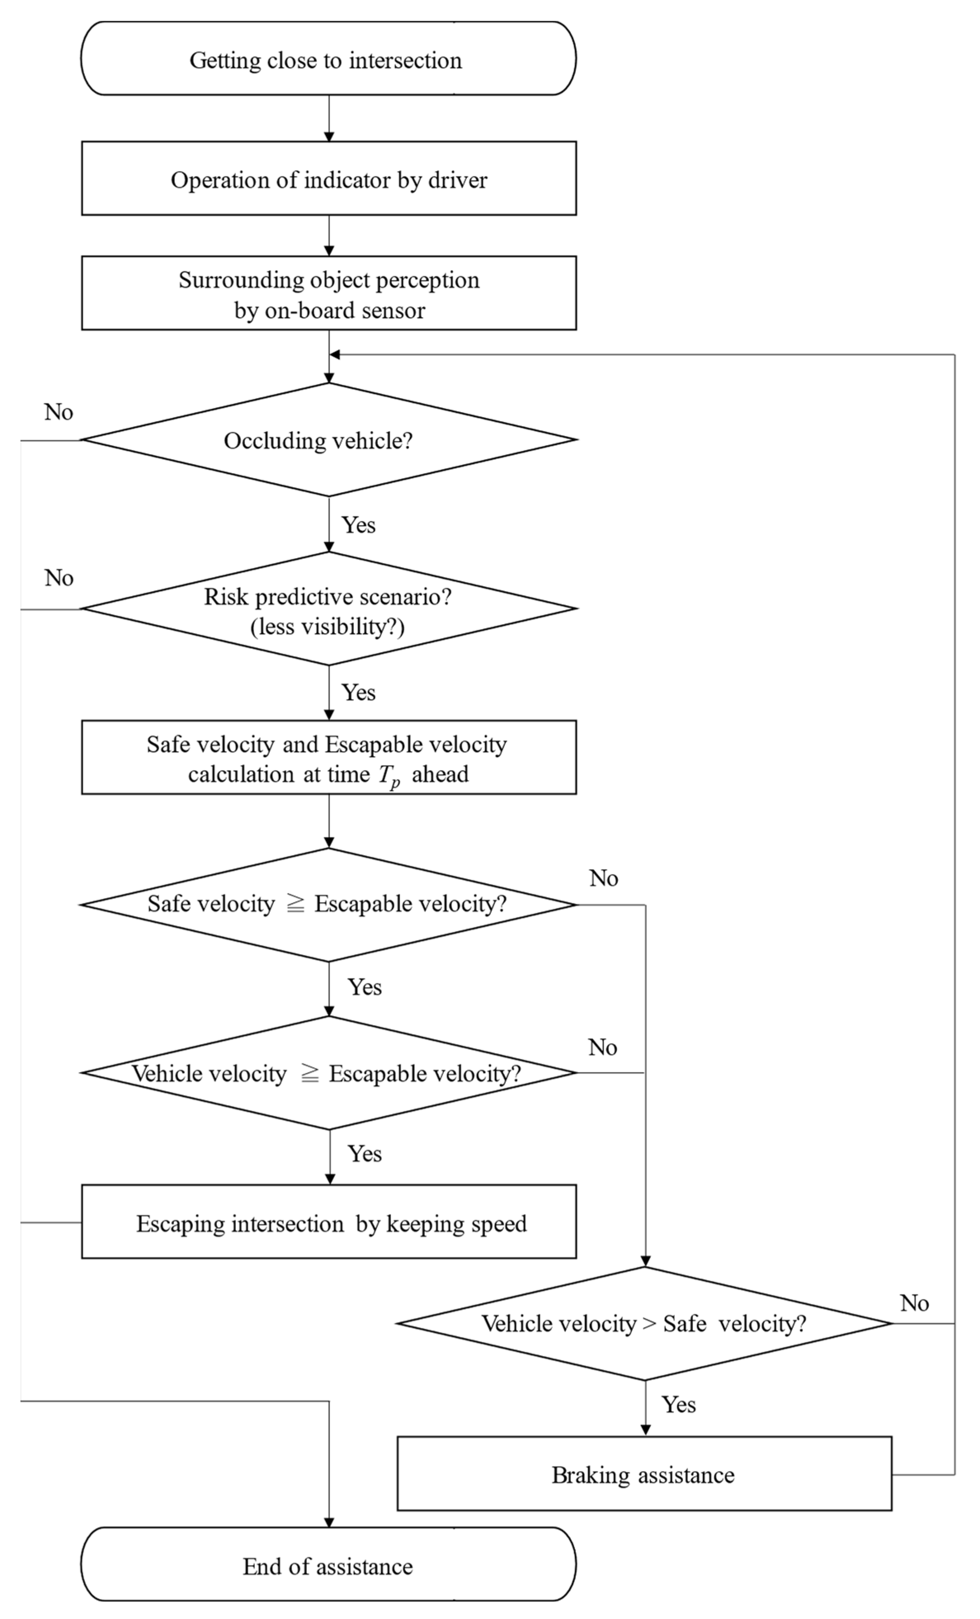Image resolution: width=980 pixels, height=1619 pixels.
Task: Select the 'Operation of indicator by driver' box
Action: (328, 179)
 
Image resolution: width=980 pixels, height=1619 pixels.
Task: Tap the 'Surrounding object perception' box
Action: (328, 294)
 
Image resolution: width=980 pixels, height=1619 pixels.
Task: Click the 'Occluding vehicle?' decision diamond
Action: (328, 440)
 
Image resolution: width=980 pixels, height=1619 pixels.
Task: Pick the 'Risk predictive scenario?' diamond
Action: (328, 609)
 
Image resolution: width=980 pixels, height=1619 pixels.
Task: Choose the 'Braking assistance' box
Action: (644, 1475)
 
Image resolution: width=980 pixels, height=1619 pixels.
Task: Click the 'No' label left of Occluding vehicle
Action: (59, 412)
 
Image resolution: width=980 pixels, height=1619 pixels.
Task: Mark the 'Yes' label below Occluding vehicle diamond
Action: (359, 525)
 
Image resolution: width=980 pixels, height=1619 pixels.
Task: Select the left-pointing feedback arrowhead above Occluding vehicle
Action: (335, 355)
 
